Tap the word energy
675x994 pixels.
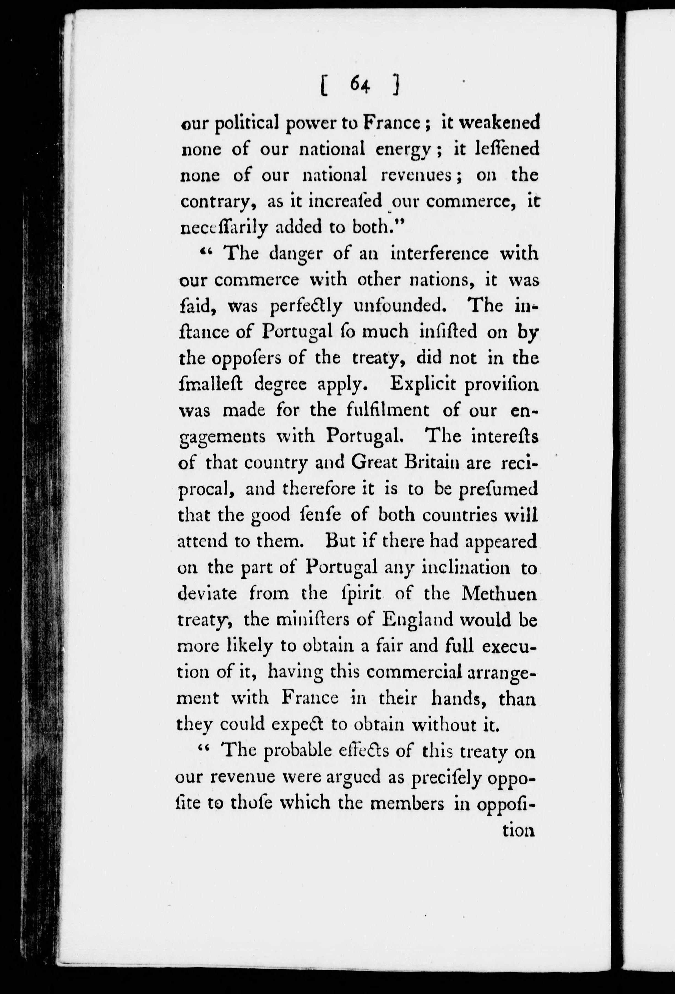click(403, 150)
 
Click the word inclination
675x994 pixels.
click(466, 569)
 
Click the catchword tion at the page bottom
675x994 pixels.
click(519, 830)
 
